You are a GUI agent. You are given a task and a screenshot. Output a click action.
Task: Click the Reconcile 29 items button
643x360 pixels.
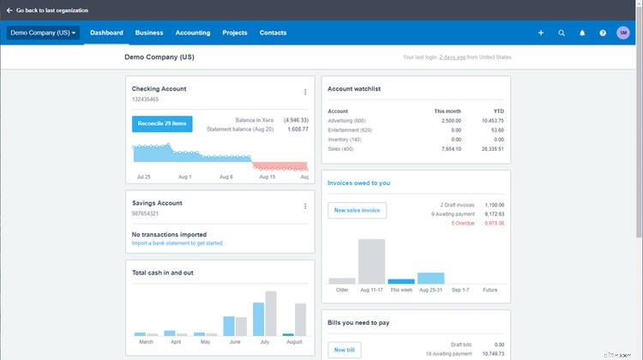pos(162,123)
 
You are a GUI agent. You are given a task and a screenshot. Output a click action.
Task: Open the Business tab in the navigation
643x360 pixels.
pos(149,33)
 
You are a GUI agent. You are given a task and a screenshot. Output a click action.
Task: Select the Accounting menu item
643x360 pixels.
pos(193,33)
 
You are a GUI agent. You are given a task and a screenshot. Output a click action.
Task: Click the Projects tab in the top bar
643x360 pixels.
pos(235,33)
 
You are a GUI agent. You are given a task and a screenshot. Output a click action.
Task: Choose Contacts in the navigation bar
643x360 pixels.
pos(273,33)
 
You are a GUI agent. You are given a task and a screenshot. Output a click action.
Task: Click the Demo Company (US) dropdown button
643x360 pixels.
pos(43,33)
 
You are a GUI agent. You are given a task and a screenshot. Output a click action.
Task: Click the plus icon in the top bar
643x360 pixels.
pos(541,33)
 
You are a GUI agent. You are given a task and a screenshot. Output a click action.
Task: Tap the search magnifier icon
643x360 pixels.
pos(562,33)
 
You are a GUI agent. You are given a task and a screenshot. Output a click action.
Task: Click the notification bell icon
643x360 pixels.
pos(582,33)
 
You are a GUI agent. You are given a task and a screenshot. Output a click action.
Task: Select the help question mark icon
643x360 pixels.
pos(603,33)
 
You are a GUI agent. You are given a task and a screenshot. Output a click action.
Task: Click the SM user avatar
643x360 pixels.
pos(623,33)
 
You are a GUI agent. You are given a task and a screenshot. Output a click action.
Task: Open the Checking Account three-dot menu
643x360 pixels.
pos(305,93)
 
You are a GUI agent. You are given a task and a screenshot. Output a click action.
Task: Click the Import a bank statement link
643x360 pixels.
pos(177,243)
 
